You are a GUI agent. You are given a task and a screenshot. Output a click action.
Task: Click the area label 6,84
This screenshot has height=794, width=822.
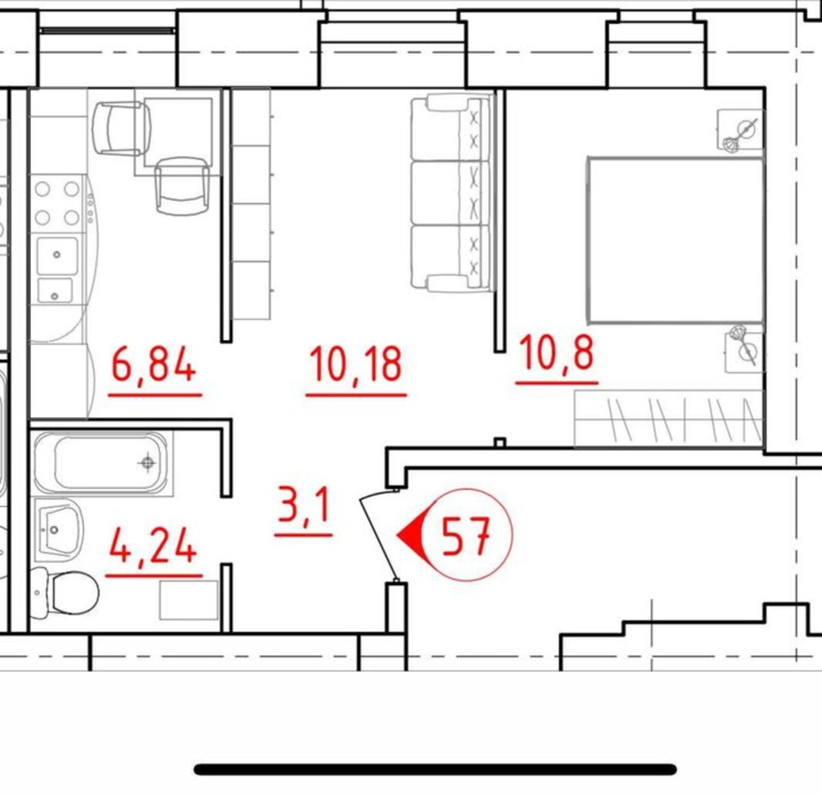(x=154, y=363)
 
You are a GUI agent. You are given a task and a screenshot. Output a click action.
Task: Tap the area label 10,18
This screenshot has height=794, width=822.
(x=356, y=363)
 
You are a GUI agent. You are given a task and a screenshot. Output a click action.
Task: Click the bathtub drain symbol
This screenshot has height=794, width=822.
(x=148, y=463)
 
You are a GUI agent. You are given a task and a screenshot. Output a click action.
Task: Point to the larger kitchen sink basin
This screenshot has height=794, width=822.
(x=58, y=255)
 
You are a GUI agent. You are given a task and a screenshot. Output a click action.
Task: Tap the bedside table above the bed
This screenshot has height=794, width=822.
(x=740, y=130)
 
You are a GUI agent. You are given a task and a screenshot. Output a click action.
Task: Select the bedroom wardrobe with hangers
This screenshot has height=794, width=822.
(x=668, y=418)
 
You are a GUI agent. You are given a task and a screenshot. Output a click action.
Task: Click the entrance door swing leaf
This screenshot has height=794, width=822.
(x=378, y=537)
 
